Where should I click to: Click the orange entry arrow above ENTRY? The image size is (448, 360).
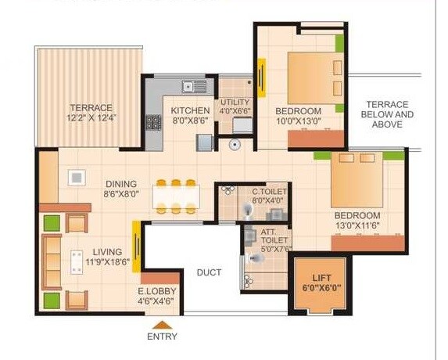coord(161,324)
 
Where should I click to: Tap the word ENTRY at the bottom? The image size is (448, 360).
coord(162,337)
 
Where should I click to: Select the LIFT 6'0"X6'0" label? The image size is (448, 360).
coord(322,283)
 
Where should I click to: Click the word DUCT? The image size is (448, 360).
coord(209,272)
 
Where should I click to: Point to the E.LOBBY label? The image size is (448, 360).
coord(159,295)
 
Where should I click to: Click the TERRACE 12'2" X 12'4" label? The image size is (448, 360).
coord(91,113)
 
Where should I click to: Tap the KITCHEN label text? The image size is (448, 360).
coord(191,115)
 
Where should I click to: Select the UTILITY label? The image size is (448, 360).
coord(235,106)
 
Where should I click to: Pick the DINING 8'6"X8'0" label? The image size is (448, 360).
coord(126,187)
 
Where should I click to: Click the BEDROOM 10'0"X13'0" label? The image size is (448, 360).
coord(298,115)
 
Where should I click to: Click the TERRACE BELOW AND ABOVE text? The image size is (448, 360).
coord(388,114)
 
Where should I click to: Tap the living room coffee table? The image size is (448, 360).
coord(77,262)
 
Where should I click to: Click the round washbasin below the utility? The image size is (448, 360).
coord(234,145)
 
